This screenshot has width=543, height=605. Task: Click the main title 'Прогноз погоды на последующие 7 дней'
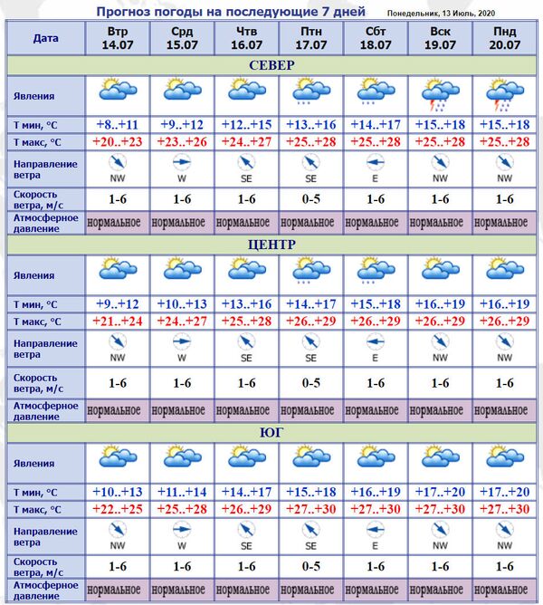pos(230,12)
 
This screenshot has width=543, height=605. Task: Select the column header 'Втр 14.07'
pos(118,38)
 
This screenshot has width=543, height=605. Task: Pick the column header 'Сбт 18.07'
pos(374,38)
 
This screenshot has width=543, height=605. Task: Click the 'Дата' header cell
pos(44,38)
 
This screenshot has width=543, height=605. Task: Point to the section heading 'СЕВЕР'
pos(271,65)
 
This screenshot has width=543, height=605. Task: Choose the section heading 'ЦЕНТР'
pos(271,245)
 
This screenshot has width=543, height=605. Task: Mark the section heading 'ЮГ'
pos(271,433)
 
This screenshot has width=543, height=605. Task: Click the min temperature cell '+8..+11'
pos(118,124)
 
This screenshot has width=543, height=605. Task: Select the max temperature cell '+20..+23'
pos(118,142)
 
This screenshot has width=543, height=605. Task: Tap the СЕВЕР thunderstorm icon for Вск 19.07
pos(439,94)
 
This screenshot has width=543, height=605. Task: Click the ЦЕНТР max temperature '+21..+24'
pos(118,322)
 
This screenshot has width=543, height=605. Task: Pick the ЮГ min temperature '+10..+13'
pos(118,492)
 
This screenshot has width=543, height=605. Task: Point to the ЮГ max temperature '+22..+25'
pos(118,509)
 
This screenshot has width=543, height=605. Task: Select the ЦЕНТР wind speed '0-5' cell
pos(310,383)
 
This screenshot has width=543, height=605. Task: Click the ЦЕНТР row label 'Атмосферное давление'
pos(44,410)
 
